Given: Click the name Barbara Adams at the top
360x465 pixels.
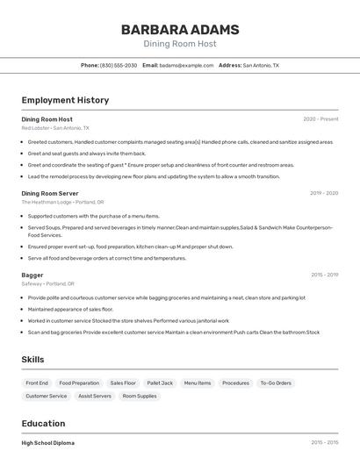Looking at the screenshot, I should (x=180, y=29).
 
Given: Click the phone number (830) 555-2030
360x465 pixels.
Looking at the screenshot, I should (x=119, y=65).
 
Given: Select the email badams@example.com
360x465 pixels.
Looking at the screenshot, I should (x=186, y=65).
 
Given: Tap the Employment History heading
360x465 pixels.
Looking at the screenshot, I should (x=65, y=100).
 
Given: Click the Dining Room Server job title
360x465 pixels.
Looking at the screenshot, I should (x=50, y=193).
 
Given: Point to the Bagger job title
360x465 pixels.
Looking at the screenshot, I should (x=32, y=275).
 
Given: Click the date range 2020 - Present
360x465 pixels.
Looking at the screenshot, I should (x=320, y=118).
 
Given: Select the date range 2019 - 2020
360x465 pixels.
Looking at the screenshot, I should (x=324, y=193).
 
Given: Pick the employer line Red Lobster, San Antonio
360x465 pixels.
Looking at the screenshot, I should (x=55, y=127).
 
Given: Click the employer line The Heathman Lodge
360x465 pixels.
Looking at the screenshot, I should (x=62, y=202).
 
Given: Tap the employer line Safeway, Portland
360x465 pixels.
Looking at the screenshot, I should (x=47, y=283).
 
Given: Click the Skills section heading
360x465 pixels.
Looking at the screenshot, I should (x=33, y=360).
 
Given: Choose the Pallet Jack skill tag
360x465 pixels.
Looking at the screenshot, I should (x=160, y=383).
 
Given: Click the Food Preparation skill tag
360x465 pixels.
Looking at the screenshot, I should (x=79, y=383).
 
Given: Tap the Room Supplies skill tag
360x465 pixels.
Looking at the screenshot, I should (x=140, y=396).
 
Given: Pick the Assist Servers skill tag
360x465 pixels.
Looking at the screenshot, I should (x=95, y=396).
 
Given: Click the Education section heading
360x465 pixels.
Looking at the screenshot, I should (x=43, y=424).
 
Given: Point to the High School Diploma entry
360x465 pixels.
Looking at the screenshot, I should (x=48, y=443).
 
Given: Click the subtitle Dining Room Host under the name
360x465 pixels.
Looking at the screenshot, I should (x=180, y=44).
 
